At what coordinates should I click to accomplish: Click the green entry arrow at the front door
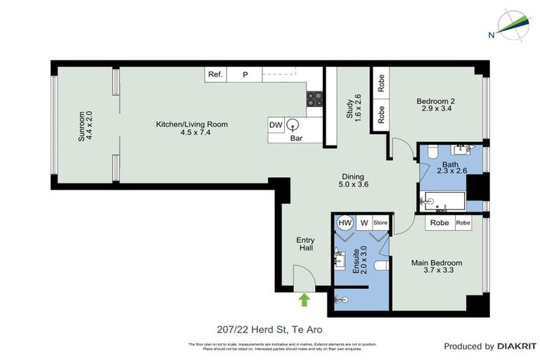(x=304, y=300)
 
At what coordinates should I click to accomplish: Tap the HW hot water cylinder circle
(x=345, y=223)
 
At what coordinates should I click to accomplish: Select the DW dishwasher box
(x=276, y=125)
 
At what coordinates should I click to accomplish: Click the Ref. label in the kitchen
(x=214, y=74)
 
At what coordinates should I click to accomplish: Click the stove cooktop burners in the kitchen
(x=314, y=99)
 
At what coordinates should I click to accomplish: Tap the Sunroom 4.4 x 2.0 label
(x=85, y=127)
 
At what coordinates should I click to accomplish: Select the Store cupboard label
(x=380, y=223)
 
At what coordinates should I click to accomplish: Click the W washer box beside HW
(x=364, y=223)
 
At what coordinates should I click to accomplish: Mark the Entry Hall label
(x=304, y=244)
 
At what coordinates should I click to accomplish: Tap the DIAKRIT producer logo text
(x=517, y=346)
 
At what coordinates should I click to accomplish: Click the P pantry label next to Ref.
(x=245, y=74)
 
